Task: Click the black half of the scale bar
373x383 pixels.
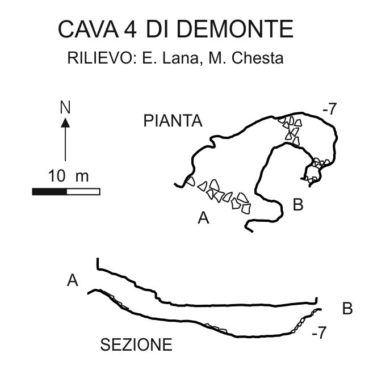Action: click(49, 191)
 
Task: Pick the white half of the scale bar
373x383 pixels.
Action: click(83, 191)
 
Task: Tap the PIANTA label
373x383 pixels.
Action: click(173, 121)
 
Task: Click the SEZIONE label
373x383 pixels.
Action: click(136, 344)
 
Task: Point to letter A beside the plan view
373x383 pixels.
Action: click(203, 218)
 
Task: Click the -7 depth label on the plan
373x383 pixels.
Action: click(329, 110)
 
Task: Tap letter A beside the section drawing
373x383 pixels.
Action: click(72, 280)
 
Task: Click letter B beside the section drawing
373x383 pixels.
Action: click(347, 309)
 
